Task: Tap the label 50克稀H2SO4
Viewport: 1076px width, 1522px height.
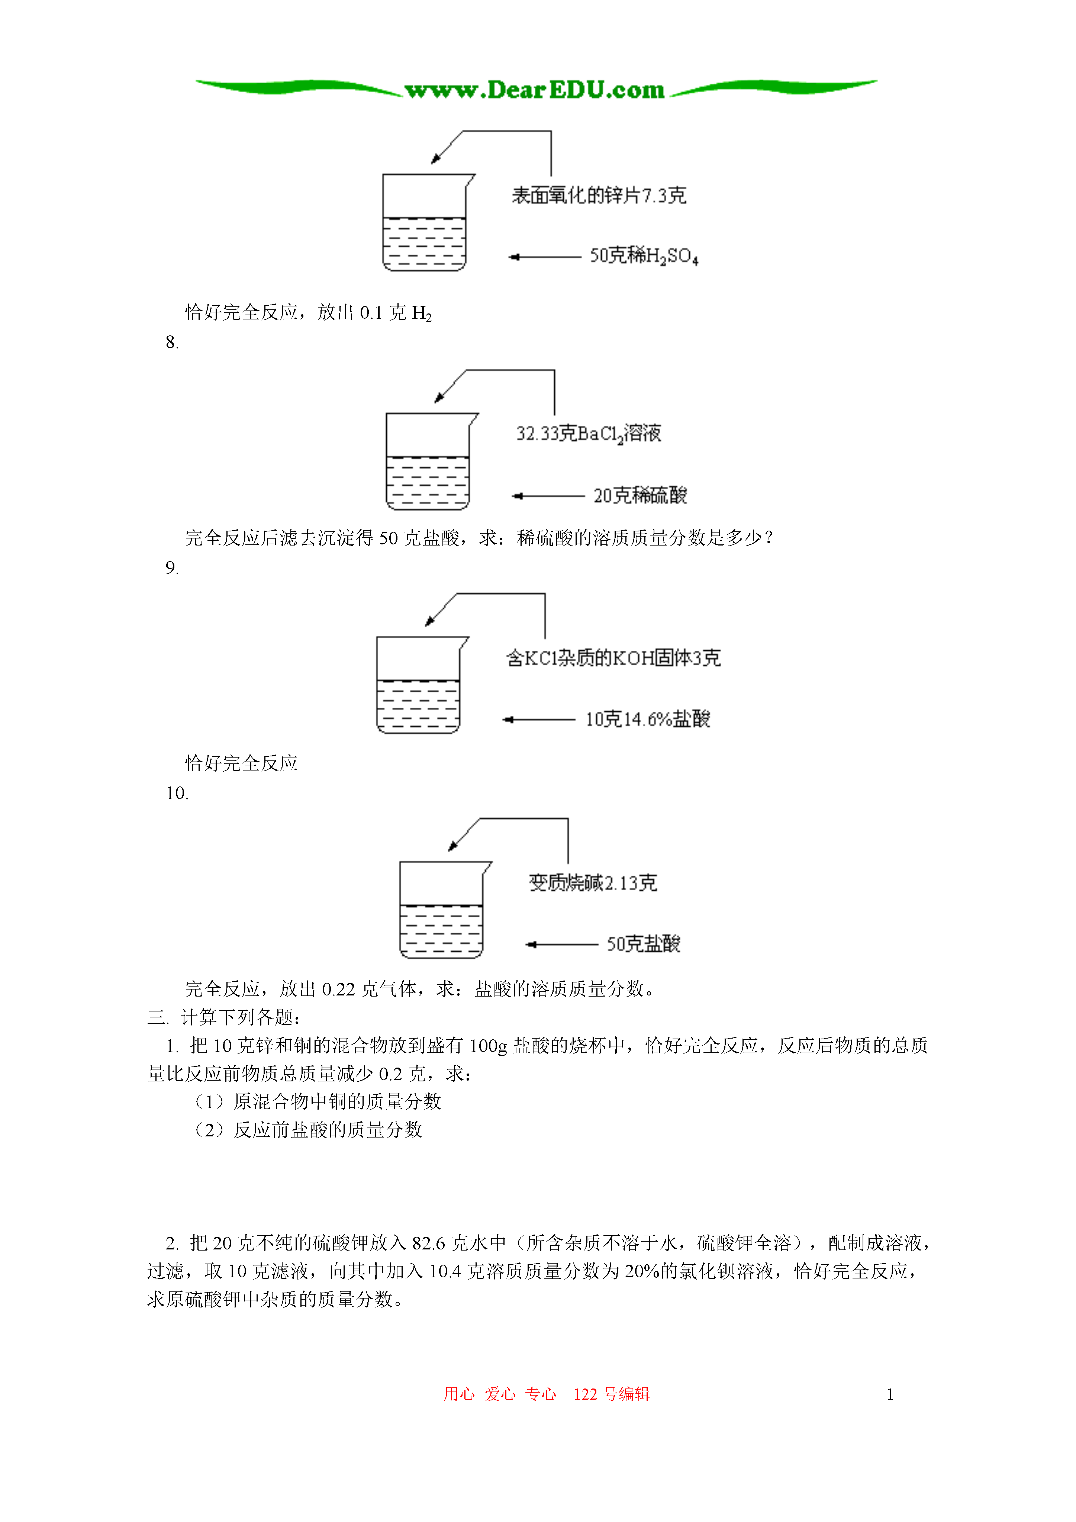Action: (x=644, y=256)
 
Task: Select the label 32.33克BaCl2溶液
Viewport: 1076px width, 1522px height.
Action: (x=589, y=434)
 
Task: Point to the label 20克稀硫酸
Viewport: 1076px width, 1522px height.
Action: (x=640, y=495)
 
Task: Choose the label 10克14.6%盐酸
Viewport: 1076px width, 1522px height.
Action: (x=647, y=719)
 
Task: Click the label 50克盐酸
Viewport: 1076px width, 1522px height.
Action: (x=643, y=944)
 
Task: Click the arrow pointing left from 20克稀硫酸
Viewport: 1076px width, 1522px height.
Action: (x=548, y=496)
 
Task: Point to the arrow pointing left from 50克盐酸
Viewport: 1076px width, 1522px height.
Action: (x=561, y=945)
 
